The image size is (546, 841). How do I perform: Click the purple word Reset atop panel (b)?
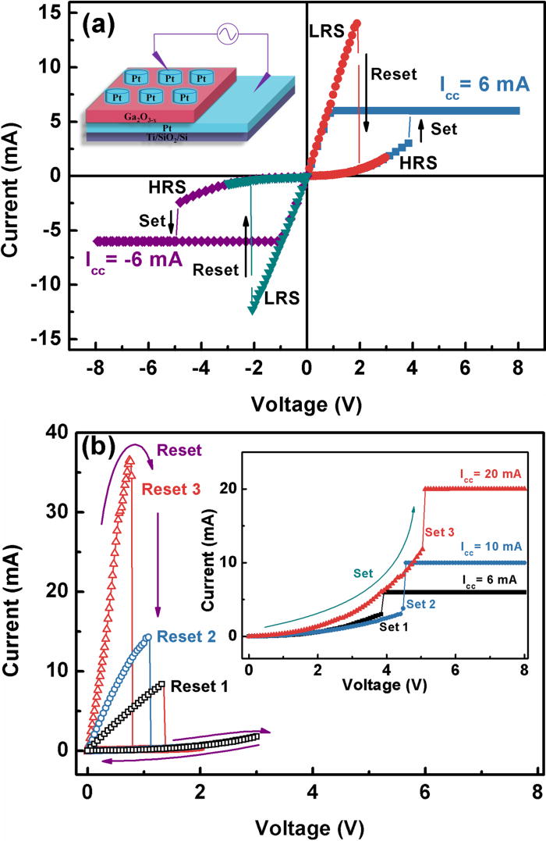point(179,450)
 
